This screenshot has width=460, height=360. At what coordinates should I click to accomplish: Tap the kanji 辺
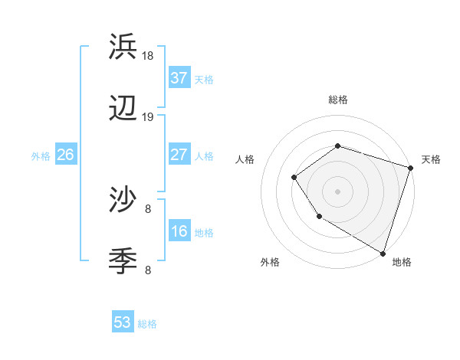click(123, 110)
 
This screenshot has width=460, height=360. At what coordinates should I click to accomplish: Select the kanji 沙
click(123, 201)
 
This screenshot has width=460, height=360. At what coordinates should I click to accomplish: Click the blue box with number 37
click(179, 78)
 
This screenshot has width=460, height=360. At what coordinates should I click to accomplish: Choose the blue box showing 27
click(179, 155)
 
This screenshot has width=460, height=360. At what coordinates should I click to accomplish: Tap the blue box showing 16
click(179, 231)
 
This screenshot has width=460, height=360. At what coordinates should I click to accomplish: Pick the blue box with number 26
click(65, 155)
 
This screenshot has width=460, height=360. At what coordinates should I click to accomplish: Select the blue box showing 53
click(123, 322)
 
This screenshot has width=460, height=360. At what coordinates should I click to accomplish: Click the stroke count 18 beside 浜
click(148, 56)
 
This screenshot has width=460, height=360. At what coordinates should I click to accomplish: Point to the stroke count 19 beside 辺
click(148, 117)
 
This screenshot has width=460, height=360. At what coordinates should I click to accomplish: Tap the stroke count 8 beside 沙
click(148, 208)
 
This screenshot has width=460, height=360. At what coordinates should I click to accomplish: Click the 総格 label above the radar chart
click(337, 100)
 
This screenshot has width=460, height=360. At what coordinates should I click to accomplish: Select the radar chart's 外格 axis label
click(270, 263)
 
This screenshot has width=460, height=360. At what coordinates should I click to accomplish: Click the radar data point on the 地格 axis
click(382, 253)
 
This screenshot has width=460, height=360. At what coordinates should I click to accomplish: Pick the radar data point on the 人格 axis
click(294, 178)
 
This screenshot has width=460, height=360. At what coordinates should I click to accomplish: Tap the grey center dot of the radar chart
click(337, 191)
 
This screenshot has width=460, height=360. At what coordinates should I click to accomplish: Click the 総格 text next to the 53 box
click(147, 324)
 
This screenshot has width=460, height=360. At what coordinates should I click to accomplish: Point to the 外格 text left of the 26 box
click(41, 156)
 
